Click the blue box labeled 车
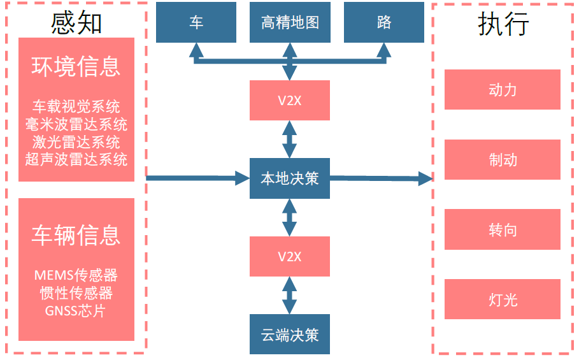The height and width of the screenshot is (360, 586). pos(196,22)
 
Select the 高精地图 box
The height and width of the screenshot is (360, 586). pos(290,22)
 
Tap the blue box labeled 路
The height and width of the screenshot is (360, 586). pos(384,22)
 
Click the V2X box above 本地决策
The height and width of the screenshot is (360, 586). pos(290,100)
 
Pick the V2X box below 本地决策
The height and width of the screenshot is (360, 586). pos(290,257)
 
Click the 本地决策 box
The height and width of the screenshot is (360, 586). pos(290,178)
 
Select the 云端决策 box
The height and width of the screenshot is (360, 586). pos(290,335)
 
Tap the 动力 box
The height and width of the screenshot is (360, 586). pos(503,90)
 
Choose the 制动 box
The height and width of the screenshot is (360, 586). pos(503,160)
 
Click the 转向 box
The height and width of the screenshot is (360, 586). pos(503,229)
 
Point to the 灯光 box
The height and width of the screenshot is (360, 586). pos(503,299)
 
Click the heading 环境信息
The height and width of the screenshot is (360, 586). pos(76,66)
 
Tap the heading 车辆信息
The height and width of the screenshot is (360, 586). pos(76,235)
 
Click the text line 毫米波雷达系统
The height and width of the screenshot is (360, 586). pos(76,124)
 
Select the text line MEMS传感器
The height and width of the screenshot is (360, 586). pos(76,275)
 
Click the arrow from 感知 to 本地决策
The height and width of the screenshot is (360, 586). pos(197,178)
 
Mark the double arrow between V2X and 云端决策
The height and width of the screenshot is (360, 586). pos(290,296)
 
